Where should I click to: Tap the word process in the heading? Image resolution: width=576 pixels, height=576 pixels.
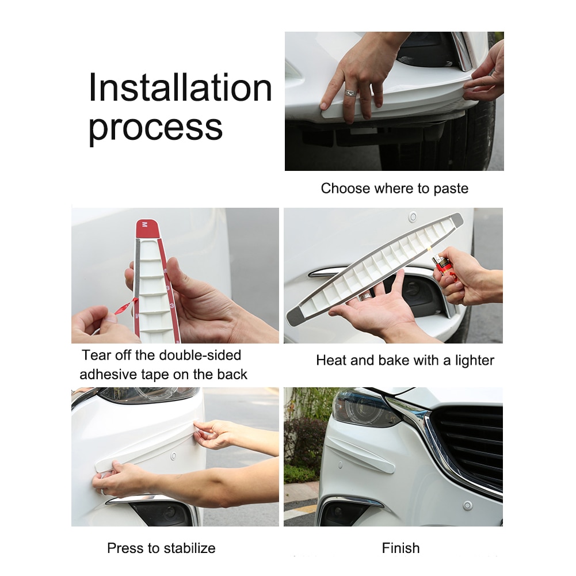(155, 128)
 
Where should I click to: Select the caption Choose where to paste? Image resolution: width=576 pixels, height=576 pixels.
(394, 188)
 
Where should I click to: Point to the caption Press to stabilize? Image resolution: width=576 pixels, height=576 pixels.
(161, 548)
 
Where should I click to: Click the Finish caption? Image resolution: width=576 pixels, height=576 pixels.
(400, 548)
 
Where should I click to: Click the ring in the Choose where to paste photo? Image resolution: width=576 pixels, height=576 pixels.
(350, 92)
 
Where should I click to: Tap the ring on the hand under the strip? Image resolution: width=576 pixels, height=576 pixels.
(365, 297)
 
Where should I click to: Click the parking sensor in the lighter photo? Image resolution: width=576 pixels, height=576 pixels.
(412, 218)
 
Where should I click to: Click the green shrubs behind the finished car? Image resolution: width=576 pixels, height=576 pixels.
(302, 437)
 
